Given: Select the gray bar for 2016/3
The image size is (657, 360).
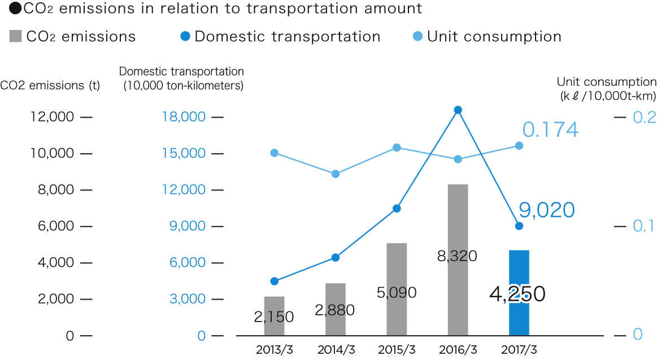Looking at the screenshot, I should (x=458, y=226).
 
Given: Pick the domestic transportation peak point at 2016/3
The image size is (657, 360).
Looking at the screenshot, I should (x=458, y=110).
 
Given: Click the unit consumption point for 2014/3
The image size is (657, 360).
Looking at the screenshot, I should (x=336, y=174).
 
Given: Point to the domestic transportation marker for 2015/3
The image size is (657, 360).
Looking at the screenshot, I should (x=397, y=209).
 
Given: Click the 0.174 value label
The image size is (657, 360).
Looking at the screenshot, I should (x=550, y=130).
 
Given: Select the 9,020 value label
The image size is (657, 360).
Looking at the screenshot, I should (x=547, y=210).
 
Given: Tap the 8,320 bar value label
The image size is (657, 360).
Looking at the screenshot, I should (x=457, y=256).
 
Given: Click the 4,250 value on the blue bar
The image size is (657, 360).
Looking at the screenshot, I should (x=518, y=294).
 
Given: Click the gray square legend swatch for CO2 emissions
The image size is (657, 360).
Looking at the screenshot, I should (x=16, y=37).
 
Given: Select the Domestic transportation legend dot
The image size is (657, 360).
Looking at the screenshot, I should (x=185, y=37).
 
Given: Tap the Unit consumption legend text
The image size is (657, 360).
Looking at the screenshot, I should (x=494, y=37).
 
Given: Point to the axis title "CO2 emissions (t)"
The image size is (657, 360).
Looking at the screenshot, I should (x=50, y=86).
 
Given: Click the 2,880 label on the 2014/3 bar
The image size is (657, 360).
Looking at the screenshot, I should (x=335, y=310).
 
